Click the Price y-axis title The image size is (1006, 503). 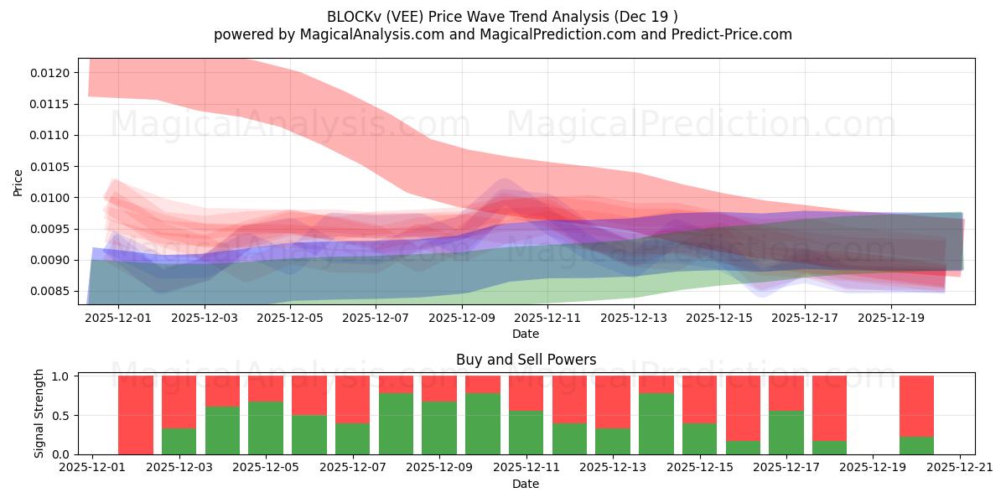coord(18,182)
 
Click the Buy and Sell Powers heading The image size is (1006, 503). coord(526,360)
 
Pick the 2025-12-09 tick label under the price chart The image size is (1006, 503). coord(461,319)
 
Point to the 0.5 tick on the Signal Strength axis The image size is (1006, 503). coord(61,416)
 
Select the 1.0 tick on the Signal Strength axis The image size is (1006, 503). coord(61,376)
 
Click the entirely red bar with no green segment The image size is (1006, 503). coord(136,415)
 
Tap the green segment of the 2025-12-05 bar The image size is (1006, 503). coord(266,428)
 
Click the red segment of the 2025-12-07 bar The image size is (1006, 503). coord(352,399)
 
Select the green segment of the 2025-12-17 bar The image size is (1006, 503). coord(786,433)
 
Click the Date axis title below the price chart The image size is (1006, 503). coord(526,334)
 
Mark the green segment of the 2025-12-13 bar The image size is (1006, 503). coord(613,442)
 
